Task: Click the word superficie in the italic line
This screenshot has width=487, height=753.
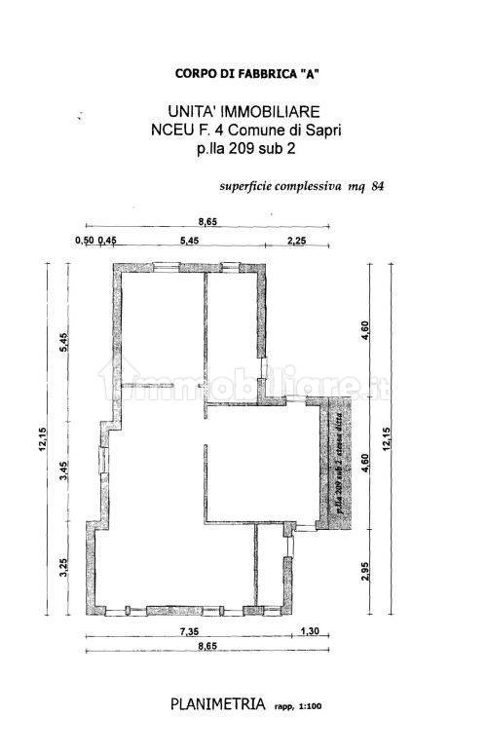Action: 251,188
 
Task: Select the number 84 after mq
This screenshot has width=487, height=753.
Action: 378,188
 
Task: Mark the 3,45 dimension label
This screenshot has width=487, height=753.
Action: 60,474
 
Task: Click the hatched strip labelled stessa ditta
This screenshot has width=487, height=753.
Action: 342,465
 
